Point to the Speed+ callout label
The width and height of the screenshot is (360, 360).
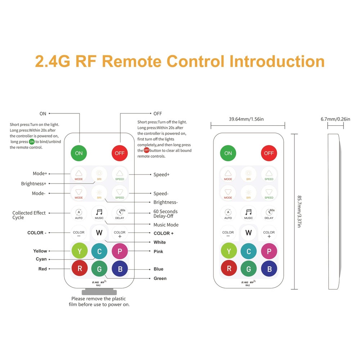point(161,175)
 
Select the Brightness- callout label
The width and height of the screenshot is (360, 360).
point(166,202)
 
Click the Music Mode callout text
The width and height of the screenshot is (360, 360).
point(166,225)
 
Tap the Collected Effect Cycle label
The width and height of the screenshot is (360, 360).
point(29,215)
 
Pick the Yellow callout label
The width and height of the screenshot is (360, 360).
point(40,251)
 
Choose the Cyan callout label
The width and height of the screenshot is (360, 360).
point(41,259)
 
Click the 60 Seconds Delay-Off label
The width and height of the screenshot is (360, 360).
point(165,213)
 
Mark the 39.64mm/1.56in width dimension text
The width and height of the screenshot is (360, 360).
point(247,119)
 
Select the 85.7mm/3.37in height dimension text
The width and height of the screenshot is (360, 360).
point(300,211)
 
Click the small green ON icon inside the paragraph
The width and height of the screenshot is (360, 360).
point(32,141)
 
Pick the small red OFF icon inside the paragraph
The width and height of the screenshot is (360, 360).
point(146,150)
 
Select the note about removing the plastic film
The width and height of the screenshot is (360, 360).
point(99,301)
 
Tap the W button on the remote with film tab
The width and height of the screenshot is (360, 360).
point(99,232)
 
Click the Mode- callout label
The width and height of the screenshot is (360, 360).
point(39,193)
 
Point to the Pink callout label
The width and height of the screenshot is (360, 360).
point(158,251)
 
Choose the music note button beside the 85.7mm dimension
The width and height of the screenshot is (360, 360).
point(248,212)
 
